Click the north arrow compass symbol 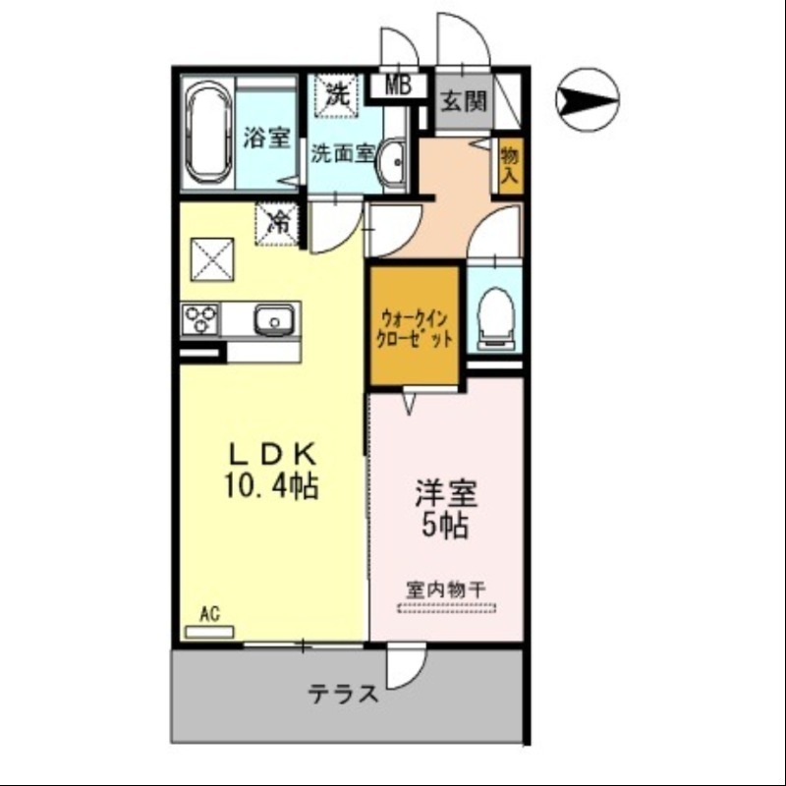[587, 99]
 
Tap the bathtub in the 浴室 [207, 135]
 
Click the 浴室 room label [266, 138]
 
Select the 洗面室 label [343, 153]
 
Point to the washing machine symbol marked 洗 [336, 96]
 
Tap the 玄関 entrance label [464, 101]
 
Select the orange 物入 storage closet [509, 162]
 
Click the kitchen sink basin [272, 319]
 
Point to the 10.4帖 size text [272, 486]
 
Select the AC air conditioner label [209, 615]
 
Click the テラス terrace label [344, 695]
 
